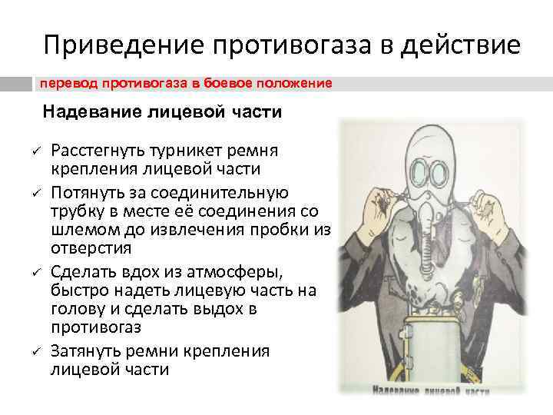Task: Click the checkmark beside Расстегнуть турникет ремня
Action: point(36,148)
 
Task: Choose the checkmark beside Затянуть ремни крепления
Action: point(36,352)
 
